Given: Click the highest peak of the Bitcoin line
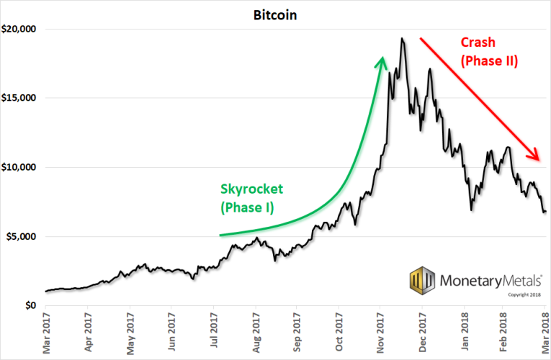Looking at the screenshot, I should [x=402, y=38].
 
